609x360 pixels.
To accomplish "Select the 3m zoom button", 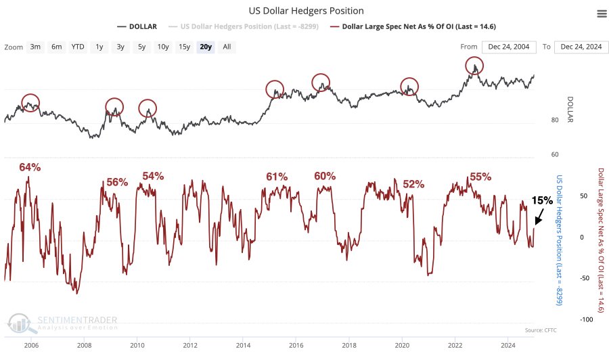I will tap(35, 47).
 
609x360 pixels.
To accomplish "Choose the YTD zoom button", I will tap(78, 47).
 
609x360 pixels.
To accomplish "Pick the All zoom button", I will tap(227, 47).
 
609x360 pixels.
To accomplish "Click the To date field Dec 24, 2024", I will tap(579, 47).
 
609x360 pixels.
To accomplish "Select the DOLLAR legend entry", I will tap(137, 26).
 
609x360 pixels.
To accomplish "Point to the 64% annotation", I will tap(30, 167).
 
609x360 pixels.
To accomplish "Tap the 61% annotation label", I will tap(277, 177).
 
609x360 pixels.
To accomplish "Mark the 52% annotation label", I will tap(413, 183).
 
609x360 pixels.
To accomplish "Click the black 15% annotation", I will tap(541, 200).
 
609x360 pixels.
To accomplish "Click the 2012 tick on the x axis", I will tap(189, 344).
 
